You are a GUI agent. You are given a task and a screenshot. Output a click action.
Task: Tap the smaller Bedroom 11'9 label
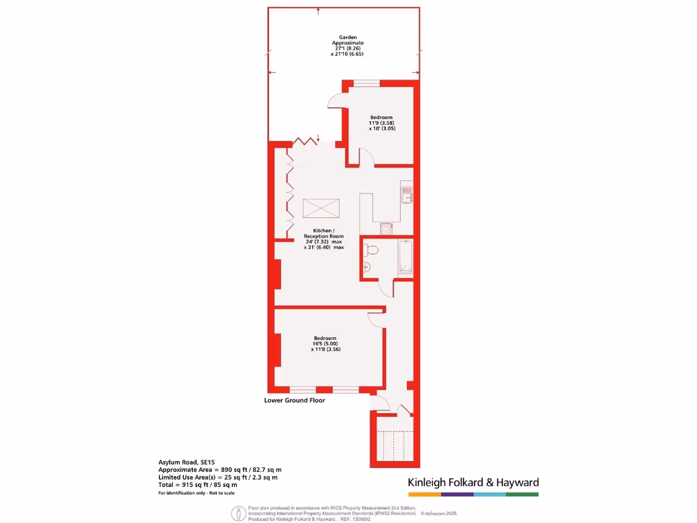(x=381, y=123)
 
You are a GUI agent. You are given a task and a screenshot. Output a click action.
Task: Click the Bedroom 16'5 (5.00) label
(x=325, y=343)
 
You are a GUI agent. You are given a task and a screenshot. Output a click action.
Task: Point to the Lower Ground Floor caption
(x=294, y=400)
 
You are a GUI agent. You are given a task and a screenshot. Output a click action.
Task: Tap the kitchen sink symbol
(x=406, y=193)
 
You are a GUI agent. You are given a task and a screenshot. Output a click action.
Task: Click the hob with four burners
(x=387, y=228)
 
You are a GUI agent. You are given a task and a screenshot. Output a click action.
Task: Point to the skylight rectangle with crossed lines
(x=321, y=208)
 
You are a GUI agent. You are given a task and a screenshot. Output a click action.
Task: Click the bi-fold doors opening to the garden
(x=306, y=142)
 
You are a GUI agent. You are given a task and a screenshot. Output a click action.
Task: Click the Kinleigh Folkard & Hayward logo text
(x=473, y=482)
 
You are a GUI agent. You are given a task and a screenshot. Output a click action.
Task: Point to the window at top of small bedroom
(x=366, y=83)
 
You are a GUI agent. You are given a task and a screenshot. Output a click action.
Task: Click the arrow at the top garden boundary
(x=319, y=10)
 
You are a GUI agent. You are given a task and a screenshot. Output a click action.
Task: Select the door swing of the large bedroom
(x=376, y=315)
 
